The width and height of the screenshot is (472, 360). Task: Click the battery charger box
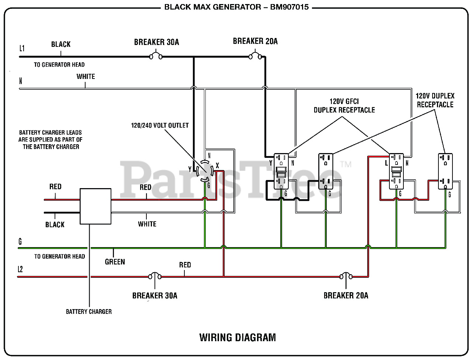96,206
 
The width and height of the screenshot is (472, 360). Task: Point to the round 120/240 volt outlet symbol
205,171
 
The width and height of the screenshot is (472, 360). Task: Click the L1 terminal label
22,48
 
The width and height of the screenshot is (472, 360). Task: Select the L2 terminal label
20,269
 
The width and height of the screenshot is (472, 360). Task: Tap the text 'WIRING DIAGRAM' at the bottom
237,337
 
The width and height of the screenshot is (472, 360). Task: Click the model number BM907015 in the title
289,7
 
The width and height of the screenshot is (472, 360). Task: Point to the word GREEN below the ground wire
115,262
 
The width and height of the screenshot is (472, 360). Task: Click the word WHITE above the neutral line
86,76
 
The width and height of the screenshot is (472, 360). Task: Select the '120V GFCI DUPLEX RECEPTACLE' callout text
344,105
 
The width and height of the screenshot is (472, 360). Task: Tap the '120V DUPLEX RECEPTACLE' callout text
435,100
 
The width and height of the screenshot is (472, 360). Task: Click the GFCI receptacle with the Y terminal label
281,171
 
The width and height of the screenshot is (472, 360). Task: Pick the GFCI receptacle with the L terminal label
396,171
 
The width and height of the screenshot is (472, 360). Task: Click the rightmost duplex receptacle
445,171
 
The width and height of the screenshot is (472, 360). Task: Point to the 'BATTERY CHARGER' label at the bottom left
89,311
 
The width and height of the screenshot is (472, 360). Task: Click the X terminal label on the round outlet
218,165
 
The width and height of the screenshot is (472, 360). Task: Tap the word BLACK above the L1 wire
61,44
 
